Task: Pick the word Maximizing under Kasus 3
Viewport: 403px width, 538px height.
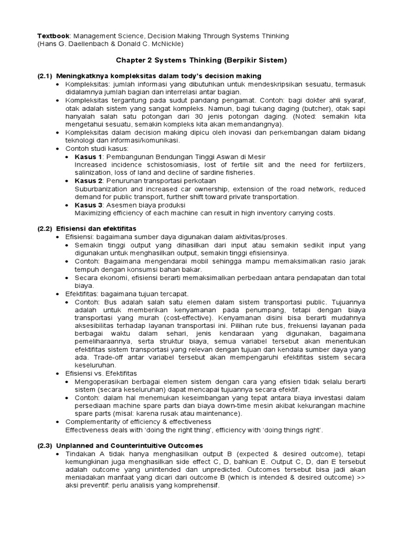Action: [93, 213]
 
